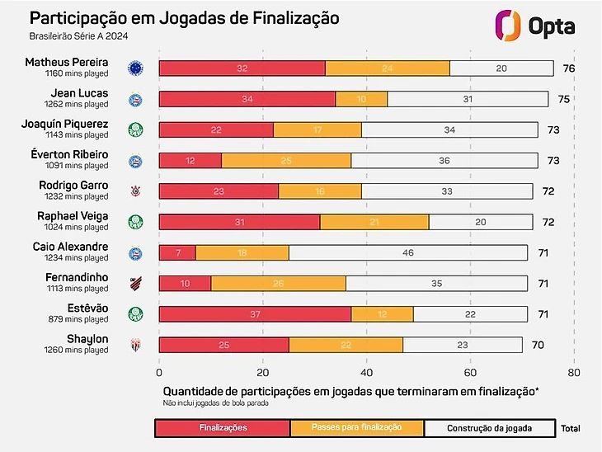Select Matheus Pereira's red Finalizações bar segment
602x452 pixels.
[x=242, y=68]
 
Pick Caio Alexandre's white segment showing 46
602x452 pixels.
[x=408, y=252]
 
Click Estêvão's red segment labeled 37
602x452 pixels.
[x=255, y=314]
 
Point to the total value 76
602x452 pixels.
[x=568, y=68]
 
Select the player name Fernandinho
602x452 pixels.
[x=77, y=277]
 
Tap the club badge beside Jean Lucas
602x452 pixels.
[x=134, y=99]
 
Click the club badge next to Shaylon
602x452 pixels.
[x=134, y=345]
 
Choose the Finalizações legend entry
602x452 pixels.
[x=223, y=428]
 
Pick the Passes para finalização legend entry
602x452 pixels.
[x=357, y=428]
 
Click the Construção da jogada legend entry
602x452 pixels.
[x=490, y=428]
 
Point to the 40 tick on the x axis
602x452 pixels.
[x=366, y=372]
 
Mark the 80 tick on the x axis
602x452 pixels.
[x=574, y=372]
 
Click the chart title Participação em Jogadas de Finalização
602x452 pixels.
[x=184, y=17]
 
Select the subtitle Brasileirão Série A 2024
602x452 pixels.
[x=80, y=37]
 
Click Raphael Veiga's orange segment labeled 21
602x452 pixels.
[x=374, y=222]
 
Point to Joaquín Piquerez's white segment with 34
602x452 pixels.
[x=449, y=129]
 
